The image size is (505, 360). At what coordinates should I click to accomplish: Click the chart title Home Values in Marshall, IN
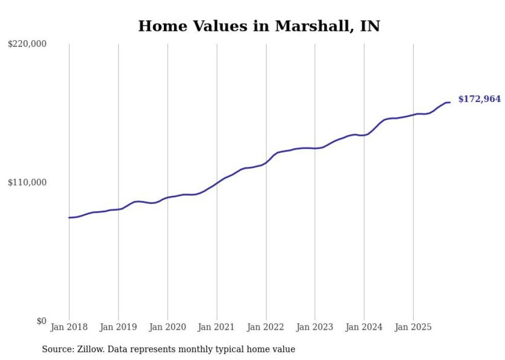pos(259,26)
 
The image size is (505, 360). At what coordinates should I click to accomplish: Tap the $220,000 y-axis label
pos(27,44)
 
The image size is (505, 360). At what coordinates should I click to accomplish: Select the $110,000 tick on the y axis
pos(27,182)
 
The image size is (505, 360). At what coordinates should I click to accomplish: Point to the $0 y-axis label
pos(41,321)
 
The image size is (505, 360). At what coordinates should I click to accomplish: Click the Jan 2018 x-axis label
pos(69,327)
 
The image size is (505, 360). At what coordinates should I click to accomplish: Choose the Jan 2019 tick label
pos(119,327)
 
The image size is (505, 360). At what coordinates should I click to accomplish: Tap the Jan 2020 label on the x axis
pos(167,327)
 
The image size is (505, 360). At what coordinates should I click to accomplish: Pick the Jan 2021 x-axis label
pos(217,327)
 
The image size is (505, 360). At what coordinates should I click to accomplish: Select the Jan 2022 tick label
pos(266,327)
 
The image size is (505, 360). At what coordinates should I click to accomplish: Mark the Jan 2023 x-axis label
pos(315,327)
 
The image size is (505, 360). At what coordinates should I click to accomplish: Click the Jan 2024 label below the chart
pos(364,327)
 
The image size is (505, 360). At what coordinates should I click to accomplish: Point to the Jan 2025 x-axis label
pos(413,327)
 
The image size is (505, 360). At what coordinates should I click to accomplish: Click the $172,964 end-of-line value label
pos(479,99)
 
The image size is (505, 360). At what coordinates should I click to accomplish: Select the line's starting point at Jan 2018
pos(69,217)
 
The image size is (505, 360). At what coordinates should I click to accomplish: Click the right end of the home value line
pos(450,102)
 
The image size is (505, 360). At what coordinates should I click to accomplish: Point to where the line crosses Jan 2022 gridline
pos(266,162)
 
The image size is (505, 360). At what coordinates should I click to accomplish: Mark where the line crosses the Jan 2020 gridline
pos(167,198)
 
